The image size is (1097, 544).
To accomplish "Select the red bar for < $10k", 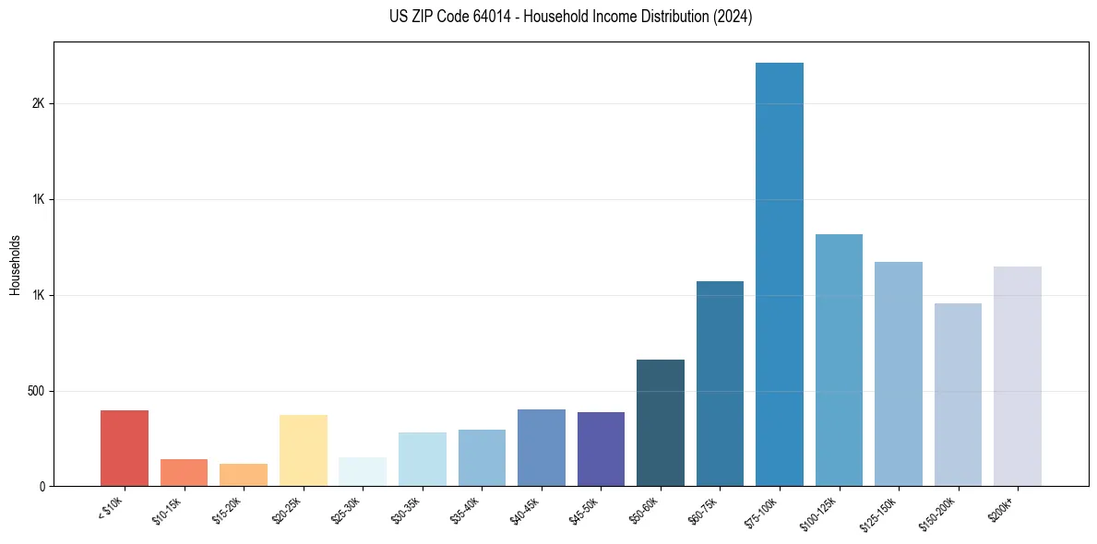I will click(x=125, y=448).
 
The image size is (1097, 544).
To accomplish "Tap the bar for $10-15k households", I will click(x=184, y=472).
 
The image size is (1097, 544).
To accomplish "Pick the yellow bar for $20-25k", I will click(x=304, y=450).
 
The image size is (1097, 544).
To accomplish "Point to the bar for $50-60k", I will click(x=661, y=422).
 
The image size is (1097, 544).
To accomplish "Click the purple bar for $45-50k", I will click(x=601, y=449).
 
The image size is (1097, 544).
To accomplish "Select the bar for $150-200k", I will click(x=958, y=395).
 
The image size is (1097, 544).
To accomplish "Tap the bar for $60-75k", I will click(x=720, y=384).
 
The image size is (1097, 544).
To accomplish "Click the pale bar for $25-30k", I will click(x=363, y=471).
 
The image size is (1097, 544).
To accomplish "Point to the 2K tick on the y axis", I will click(x=39, y=103).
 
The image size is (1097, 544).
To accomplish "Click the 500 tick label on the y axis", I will click(x=37, y=391).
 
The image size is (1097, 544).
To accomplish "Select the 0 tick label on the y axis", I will click(x=42, y=487).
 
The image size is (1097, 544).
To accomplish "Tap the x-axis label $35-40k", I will click(x=466, y=509).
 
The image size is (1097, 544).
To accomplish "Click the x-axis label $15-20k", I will click(x=227, y=509).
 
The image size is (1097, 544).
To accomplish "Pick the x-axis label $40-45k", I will click(x=525, y=509).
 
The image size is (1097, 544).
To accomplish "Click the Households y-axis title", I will click(x=16, y=265).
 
